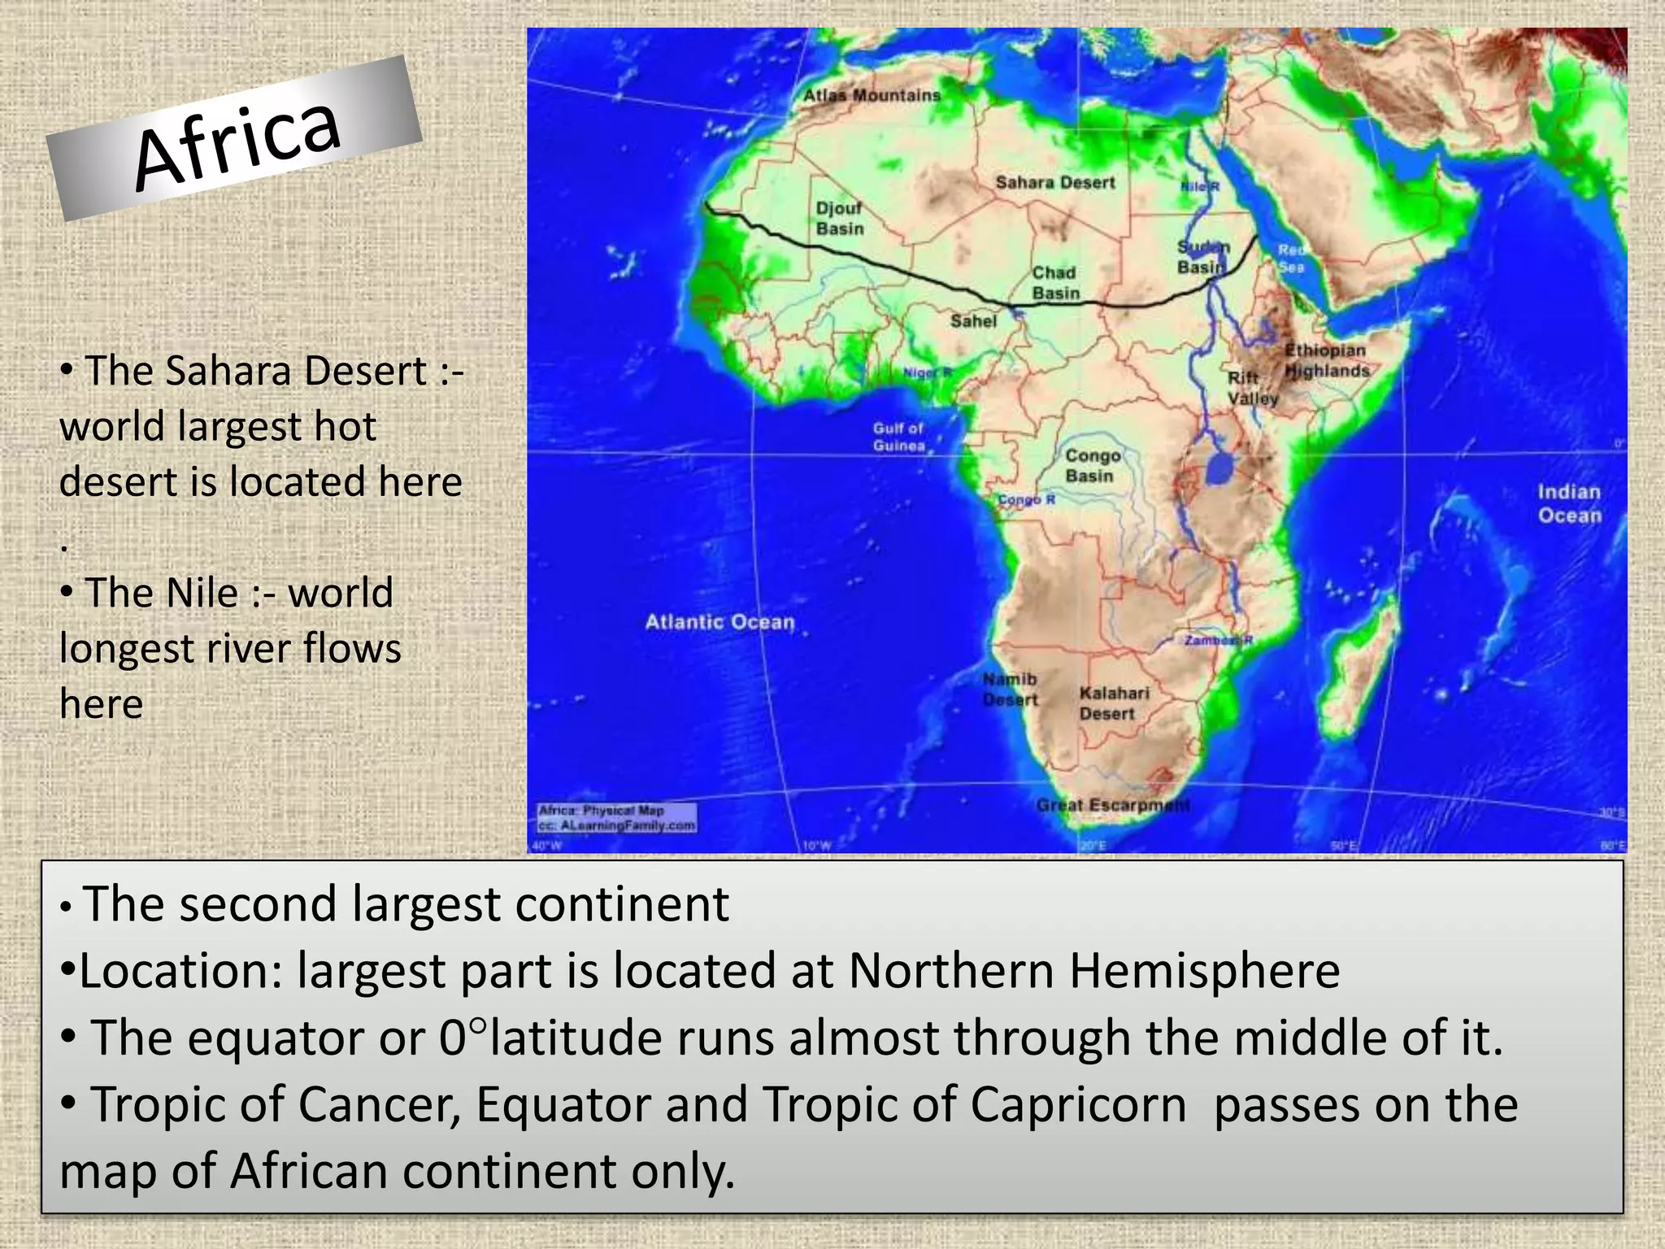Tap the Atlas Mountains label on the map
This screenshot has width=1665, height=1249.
click(872, 95)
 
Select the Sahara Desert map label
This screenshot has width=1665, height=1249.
click(1055, 183)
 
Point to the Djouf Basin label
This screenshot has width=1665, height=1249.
click(840, 219)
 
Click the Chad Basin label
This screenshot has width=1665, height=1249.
click(1055, 283)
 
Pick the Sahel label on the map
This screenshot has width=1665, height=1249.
click(973, 321)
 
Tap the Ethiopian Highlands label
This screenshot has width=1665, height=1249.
click(1326, 360)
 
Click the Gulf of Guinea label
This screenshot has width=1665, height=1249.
click(898, 437)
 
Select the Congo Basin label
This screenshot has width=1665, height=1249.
click(1092, 465)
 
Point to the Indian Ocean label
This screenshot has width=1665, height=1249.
click(1569, 503)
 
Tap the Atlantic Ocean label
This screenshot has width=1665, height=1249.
click(719, 622)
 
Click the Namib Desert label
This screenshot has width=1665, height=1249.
click(1010, 689)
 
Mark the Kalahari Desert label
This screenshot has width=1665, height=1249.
click(1113, 703)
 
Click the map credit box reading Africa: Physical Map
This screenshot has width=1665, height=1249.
click(617, 818)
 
